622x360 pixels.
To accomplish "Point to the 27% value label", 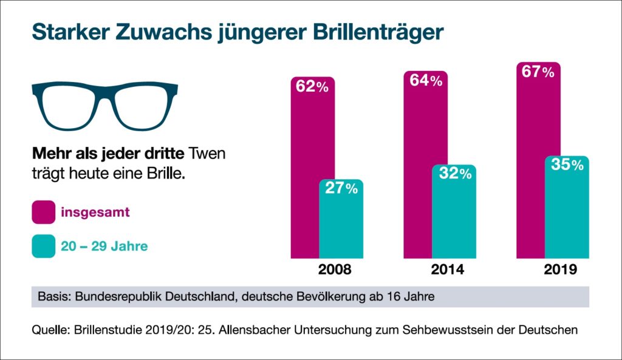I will [341, 189].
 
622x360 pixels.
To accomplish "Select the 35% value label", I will [567, 165].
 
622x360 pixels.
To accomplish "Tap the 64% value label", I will [425, 80].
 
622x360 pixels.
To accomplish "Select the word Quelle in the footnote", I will [49, 331].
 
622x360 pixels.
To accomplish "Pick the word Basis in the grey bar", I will [52, 297].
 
